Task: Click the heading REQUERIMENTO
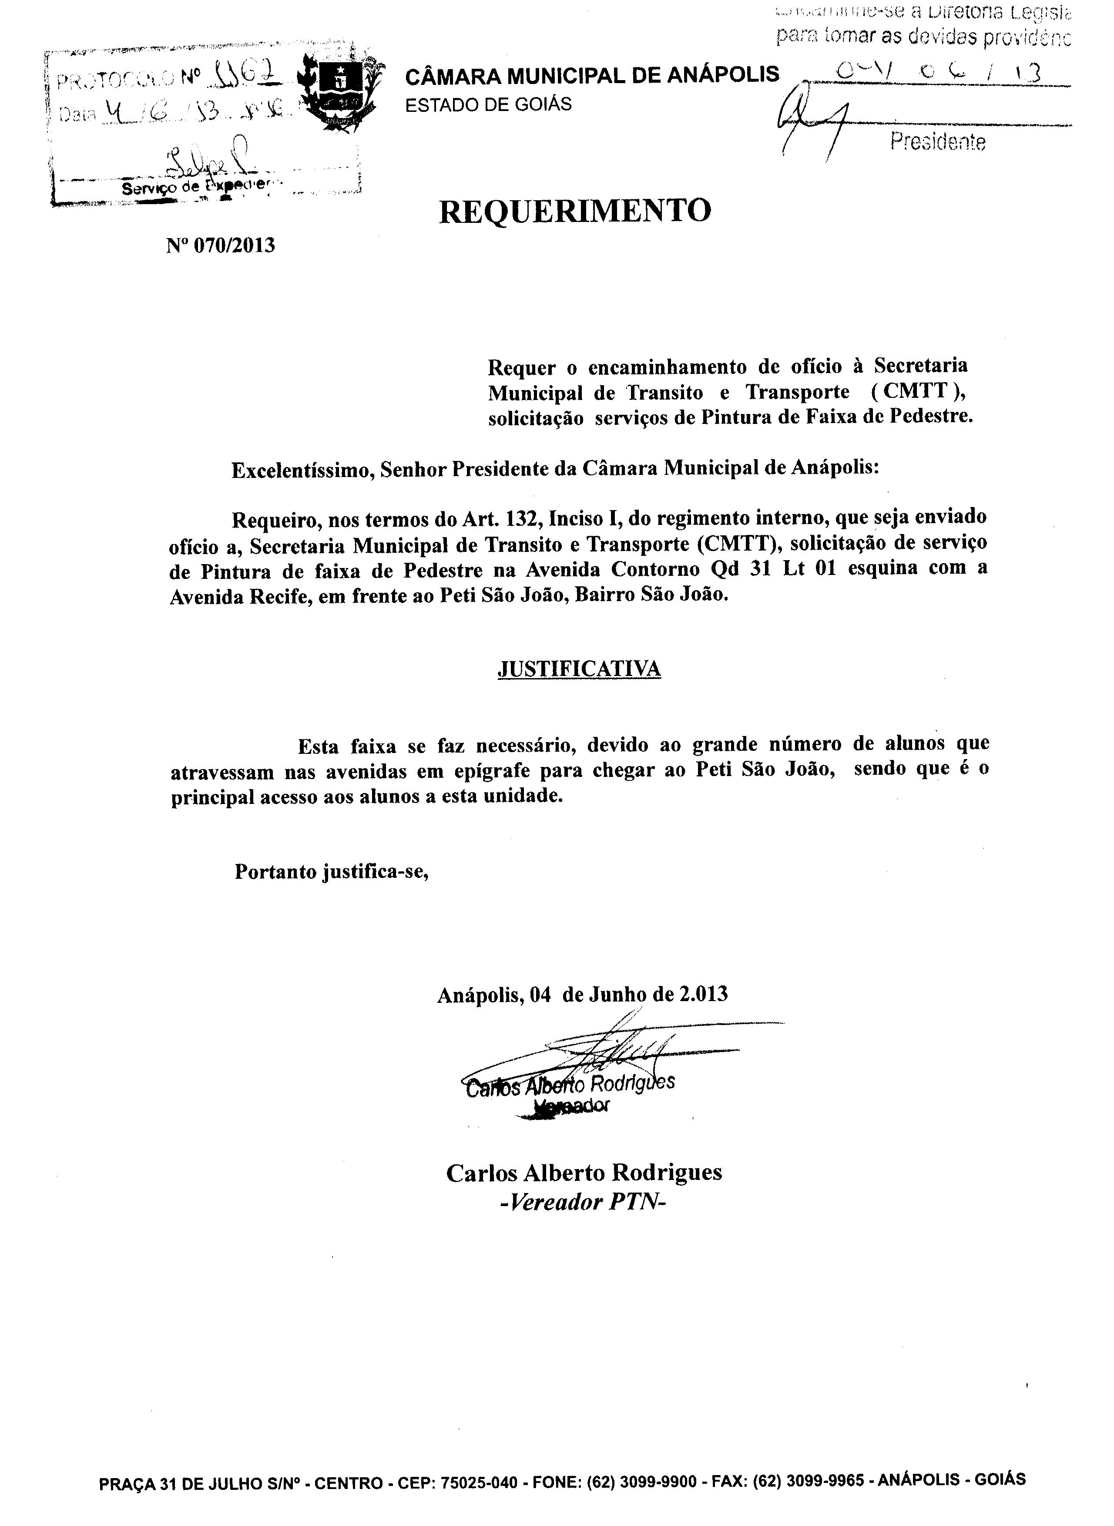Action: [x=575, y=211]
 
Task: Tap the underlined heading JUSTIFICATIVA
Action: [x=579, y=668]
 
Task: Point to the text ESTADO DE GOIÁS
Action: [x=488, y=104]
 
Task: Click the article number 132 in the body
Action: [x=521, y=518]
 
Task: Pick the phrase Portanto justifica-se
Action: [x=332, y=872]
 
